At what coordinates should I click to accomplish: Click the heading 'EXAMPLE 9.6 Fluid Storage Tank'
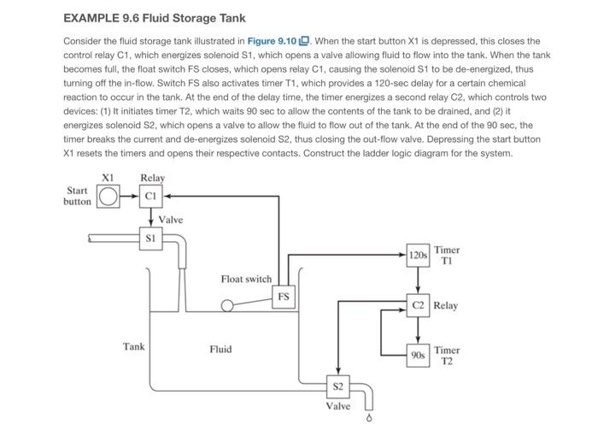point(155,18)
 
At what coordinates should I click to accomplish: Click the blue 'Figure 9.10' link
point(272,41)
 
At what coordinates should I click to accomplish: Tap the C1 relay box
point(151,196)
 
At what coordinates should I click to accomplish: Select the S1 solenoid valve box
point(151,239)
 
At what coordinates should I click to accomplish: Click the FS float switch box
point(283,297)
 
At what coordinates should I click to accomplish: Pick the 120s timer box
point(418,255)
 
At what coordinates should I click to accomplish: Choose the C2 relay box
point(418,304)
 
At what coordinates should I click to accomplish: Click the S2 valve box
point(338,386)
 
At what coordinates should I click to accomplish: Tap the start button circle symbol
point(107,196)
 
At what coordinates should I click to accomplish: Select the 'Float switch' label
point(245,279)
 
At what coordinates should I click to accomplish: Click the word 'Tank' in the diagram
point(133,346)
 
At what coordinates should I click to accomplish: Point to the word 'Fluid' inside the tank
point(220,349)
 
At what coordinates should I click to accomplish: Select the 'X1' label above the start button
point(107,177)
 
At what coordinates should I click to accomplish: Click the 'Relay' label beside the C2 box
point(445,305)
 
